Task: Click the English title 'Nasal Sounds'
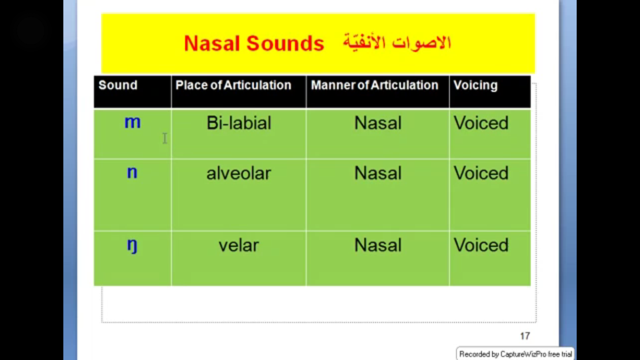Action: pyautogui.click(x=254, y=44)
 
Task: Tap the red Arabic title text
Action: pyautogui.click(x=397, y=43)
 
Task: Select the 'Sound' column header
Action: pyautogui.click(x=118, y=85)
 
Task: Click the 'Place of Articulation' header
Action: pyautogui.click(x=233, y=85)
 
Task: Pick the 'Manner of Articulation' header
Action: pyautogui.click(x=375, y=85)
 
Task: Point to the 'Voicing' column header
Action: pyautogui.click(x=475, y=85)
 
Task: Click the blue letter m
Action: pyautogui.click(x=132, y=122)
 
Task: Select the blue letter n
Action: pyautogui.click(x=132, y=172)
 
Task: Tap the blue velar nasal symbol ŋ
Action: pyautogui.click(x=132, y=246)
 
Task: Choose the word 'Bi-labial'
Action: pyautogui.click(x=239, y=123)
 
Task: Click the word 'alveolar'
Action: pyautogui.click(x=238, y=173)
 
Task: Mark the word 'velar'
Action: pyautogui.click(x=238, y=245)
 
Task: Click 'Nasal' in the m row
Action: pyautogui.click(x=378, y=123)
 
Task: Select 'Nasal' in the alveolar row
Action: pyautogui.click(x=378, y=173)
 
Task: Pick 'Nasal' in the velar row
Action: pyautogui.click(x=378, y=245)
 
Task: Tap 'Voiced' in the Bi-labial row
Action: pyautogui.click(x=481, y=123)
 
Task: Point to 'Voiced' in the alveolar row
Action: pyautogui.click(x=481, y=173)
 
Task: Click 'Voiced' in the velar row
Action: pyautogui.click(x=481, y=245)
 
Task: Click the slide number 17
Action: pyautogui.click(x=525, y=336)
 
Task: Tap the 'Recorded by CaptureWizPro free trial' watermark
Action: pyautogui.click(x=515, y=354)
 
